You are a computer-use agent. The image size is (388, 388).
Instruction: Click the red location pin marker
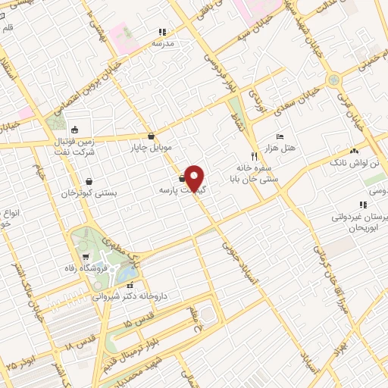click(195, 178)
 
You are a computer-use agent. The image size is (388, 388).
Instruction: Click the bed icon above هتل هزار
click(280, 136)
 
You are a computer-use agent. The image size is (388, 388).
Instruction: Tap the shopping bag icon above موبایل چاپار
click(152, 136)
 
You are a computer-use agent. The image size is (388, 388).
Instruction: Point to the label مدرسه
click(163, 43)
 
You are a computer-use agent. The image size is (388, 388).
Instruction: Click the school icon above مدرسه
click(161, 33)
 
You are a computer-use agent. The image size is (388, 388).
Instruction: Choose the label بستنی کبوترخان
click(90, 192)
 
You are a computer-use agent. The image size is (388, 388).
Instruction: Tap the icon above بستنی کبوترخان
click(90, 181)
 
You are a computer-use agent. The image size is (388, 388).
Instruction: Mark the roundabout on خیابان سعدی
click(333, 80)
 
